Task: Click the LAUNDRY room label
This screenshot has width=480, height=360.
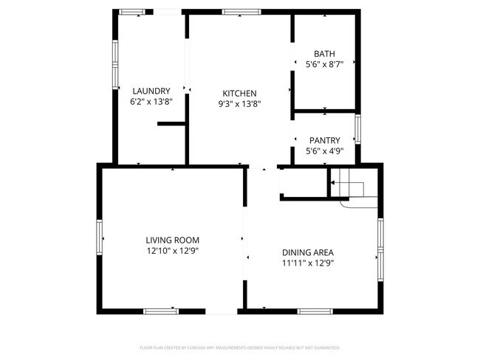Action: [151, 91]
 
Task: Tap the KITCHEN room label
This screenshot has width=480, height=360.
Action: [239, 93]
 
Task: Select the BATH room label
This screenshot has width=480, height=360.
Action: [324, 54]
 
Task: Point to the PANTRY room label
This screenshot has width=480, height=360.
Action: [324, 140]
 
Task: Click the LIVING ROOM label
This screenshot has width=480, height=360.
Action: [172, 240]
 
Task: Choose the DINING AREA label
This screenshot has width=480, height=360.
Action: [308, 252]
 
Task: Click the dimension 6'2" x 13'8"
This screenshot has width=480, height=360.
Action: [151, 102]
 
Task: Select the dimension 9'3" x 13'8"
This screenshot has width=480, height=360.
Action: [239, 104]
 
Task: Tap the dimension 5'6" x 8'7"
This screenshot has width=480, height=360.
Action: [324, 64]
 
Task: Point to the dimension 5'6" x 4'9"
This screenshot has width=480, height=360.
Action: [324, 151]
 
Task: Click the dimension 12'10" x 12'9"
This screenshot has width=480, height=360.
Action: [172, 251]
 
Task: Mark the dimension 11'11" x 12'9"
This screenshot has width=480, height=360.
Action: [308, 263]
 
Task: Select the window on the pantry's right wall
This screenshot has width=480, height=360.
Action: [357, 129]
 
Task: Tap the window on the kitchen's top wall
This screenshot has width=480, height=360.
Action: [241, 12]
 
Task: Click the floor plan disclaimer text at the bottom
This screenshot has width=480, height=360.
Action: [240, 347]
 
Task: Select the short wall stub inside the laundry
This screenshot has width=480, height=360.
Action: [171, 125]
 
